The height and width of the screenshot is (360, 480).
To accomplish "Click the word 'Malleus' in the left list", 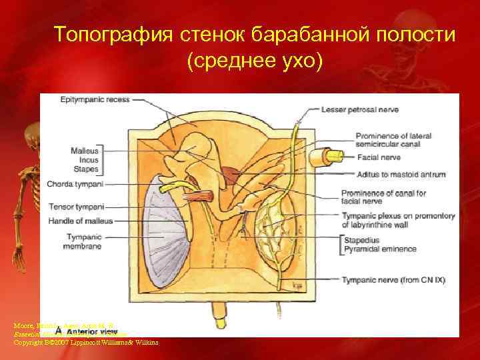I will [85, 151].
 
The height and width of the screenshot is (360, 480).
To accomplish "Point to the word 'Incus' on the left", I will [89, 159].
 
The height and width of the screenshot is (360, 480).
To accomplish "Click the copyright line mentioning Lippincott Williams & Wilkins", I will [85, 343].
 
